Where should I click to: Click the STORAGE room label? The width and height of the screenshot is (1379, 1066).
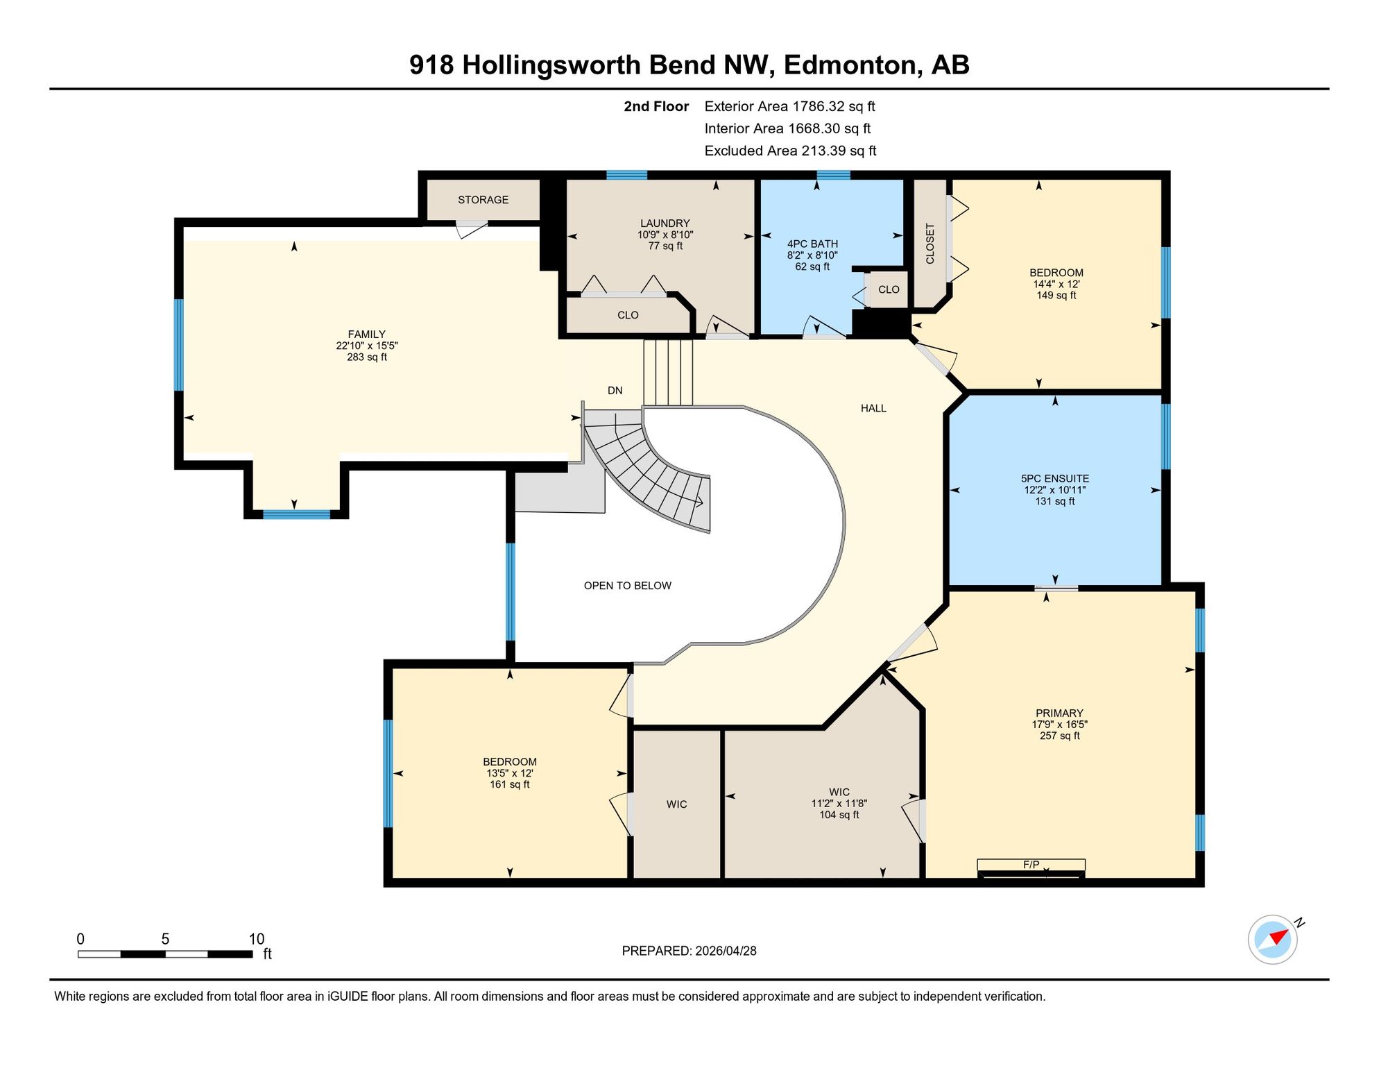point(483,200)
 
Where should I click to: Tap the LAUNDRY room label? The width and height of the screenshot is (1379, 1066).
point(665,223)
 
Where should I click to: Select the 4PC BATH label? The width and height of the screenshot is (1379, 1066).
point(812,244)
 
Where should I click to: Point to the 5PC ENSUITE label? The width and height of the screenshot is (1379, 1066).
point(1054,479)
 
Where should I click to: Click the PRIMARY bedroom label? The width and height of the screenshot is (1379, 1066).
point(1059,713)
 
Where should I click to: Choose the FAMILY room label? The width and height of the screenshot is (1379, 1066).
point(366,335)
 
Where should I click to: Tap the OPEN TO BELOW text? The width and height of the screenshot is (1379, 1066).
point(627,586)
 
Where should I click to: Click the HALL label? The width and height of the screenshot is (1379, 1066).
point(873,408)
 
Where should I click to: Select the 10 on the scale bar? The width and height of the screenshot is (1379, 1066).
point(257,939)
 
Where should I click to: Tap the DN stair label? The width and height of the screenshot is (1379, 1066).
point(615,391)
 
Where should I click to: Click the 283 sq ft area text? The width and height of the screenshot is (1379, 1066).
point(367,357)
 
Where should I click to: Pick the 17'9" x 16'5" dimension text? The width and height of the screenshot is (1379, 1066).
point(1059,725)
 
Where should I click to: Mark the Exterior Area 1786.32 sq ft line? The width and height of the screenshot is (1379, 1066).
point(789,106)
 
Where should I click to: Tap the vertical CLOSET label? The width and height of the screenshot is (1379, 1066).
point(930,244)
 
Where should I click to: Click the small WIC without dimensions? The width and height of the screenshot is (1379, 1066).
point(676,804)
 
